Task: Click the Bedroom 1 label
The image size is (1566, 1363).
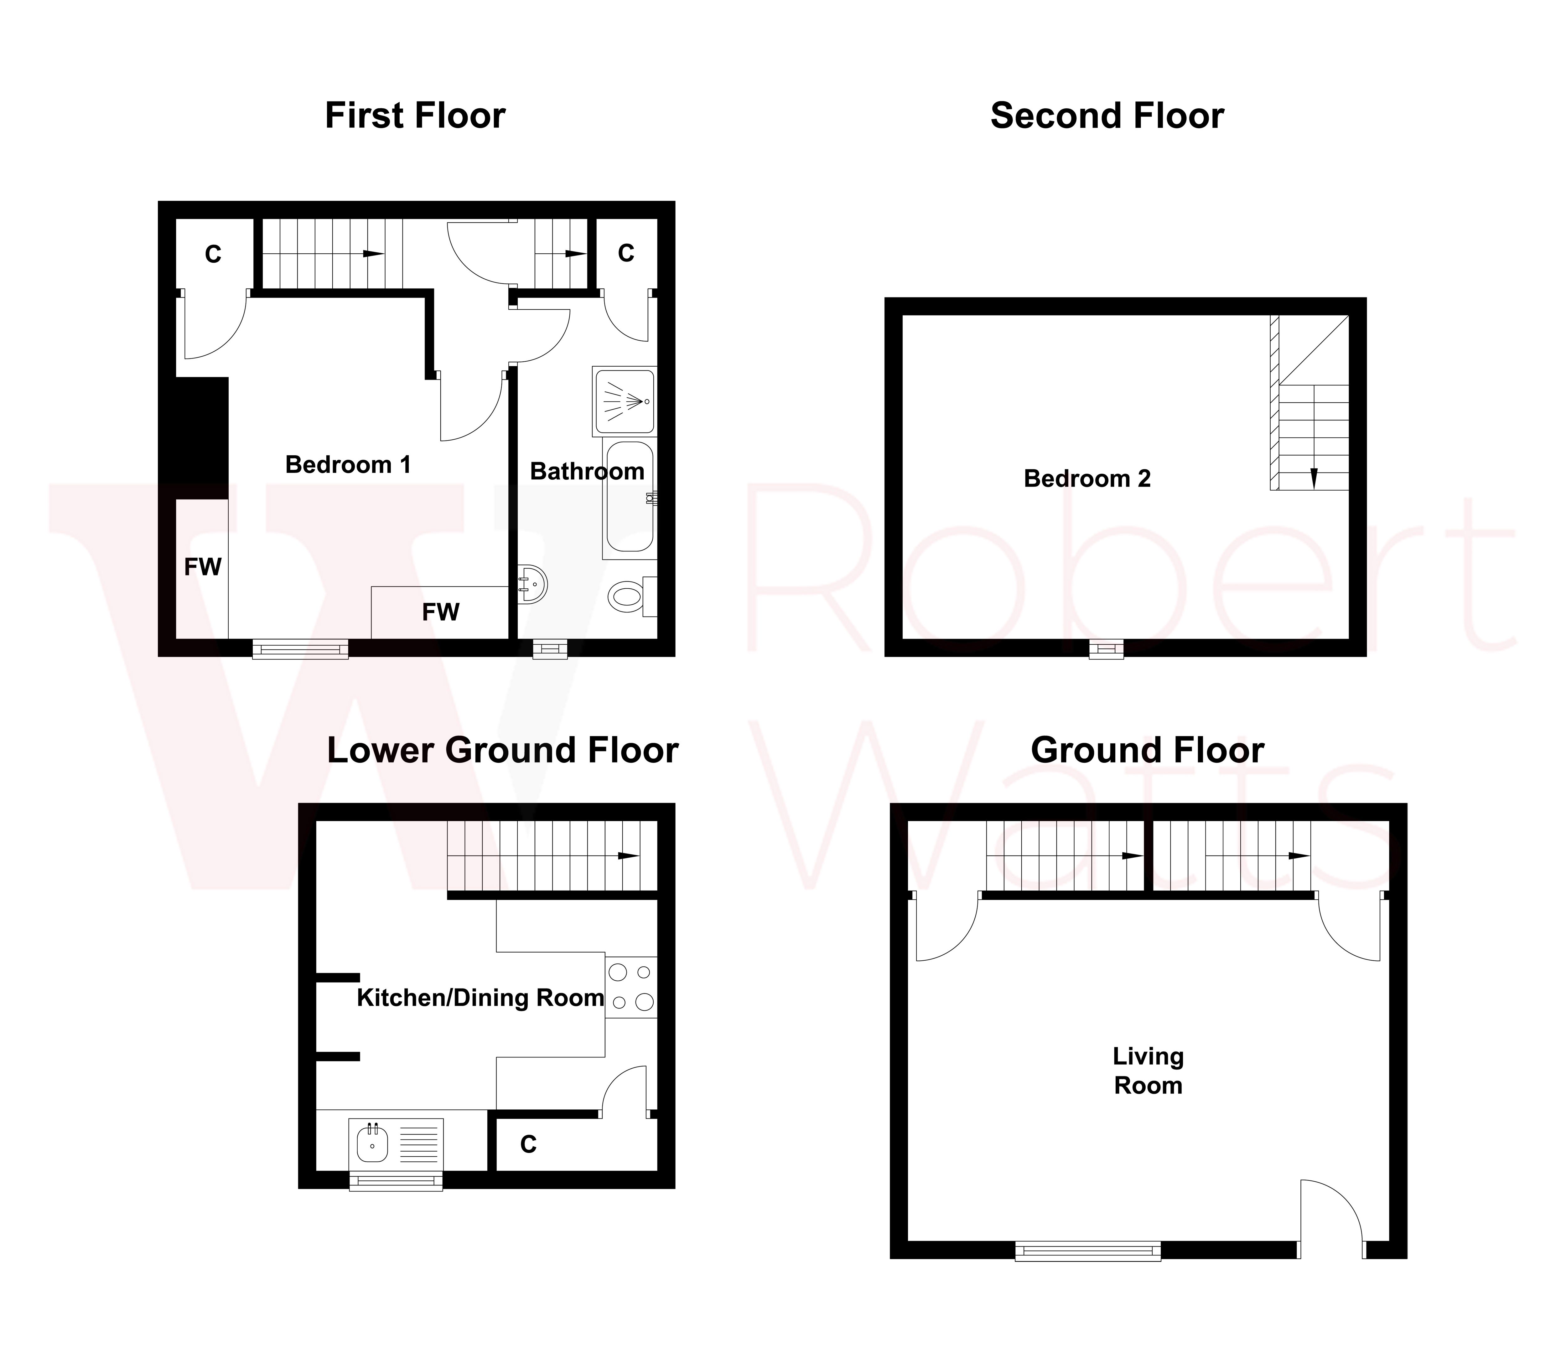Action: [348, 465]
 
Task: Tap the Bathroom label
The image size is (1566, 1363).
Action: [587, 472]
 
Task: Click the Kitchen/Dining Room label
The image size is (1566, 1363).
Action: [480, 998]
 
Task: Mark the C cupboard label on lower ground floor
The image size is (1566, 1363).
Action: [528, 1145]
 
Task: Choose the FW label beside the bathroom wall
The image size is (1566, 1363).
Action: [441, 612]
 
